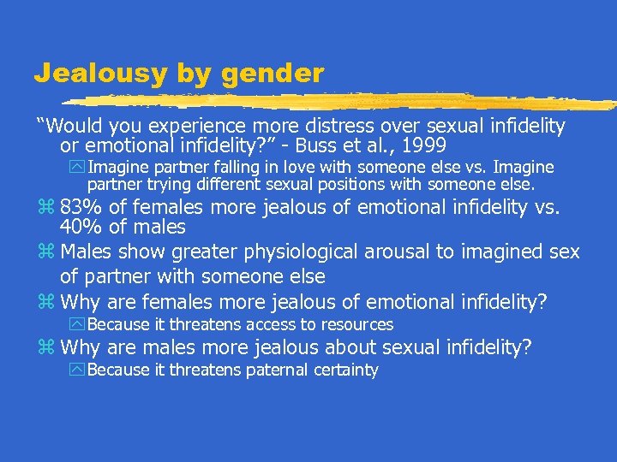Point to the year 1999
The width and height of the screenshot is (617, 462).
coord(424,146)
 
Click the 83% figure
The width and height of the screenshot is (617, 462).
coord(81,208)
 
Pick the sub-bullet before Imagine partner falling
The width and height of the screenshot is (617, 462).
coord(79,168)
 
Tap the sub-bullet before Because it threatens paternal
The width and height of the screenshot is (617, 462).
coord(79,370)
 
